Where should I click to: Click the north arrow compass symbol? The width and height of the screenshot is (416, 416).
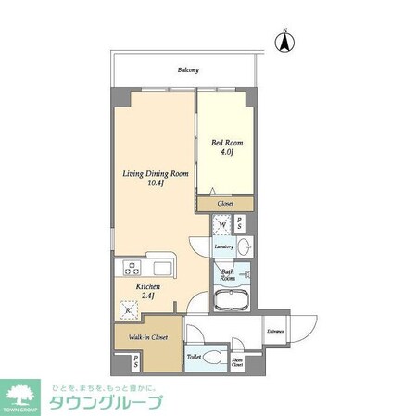pyautogui.click(x=286, y=41)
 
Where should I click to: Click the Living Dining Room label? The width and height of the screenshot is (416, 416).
pyautogui.click(x=156, y=174)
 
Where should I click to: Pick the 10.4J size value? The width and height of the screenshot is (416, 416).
pyautogui.click(x=156, y=185)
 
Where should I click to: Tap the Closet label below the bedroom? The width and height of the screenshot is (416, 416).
pyautogui.click(x=225, y=204)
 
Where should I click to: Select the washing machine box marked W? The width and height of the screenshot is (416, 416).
pyautogui.click(x=221, y=224)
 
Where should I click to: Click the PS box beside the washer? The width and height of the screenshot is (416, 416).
pyautogui.click(x=240, y=224)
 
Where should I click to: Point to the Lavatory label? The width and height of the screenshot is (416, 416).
pyautogui.click(x=223, y=247)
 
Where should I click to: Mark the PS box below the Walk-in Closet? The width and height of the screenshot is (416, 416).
pyautogui.click(x=136, y=361)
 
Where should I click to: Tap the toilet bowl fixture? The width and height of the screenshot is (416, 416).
pyautogui.click(x=212, y=358)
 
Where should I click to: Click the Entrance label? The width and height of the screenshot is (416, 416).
pyautogui.click(x=274, y=331)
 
